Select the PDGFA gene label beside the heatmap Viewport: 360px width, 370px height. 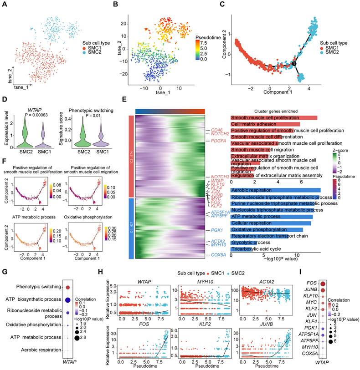219,141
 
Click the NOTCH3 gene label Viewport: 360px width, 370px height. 219,177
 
